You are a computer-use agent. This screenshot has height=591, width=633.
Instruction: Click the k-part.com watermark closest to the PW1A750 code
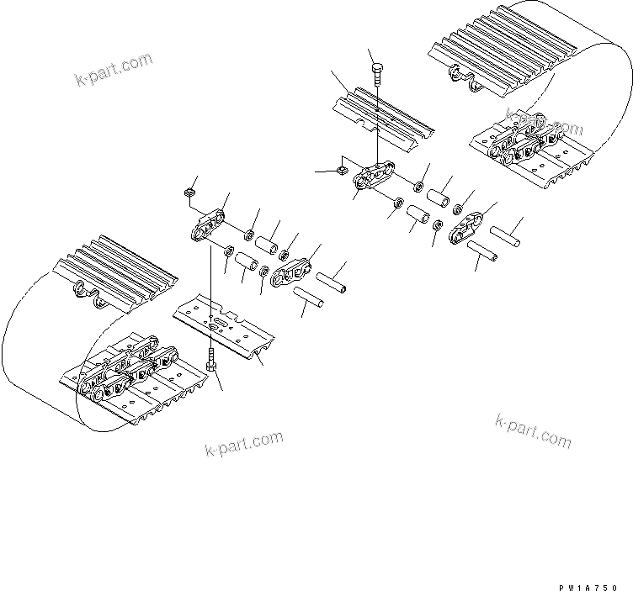pyautogui.click(x=533, y=430)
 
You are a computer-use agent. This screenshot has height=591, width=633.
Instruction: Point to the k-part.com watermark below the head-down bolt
pyautogui.click(x=243, y=443)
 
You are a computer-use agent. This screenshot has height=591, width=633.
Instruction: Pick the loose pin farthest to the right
pyautogui.click(x=509, y=233)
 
